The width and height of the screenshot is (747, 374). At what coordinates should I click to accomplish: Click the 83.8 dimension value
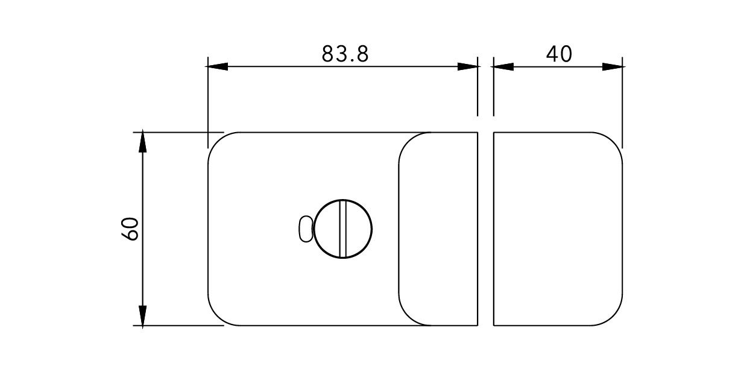[344, 54]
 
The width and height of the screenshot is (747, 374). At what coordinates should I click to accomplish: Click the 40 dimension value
[559, 54]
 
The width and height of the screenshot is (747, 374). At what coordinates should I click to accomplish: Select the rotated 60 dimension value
[131, 229]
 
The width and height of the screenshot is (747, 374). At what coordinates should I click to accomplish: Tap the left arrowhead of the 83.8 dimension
[217, 66]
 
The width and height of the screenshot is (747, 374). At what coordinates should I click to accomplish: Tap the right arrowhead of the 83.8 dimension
[468, 66]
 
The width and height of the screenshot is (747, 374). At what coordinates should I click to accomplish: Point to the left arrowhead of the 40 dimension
[503, 66]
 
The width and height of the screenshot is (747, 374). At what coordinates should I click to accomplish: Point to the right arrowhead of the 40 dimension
[613, 66]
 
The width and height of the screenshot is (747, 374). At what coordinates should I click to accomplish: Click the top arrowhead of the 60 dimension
[143, 141]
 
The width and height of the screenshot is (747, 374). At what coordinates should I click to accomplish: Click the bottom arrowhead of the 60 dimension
[143, 316]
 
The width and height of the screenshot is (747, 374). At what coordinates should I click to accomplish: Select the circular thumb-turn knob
[344, 229]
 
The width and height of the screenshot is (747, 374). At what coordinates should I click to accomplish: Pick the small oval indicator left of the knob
[306, 229]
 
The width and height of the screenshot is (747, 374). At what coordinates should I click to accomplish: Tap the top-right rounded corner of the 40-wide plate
[614, 141]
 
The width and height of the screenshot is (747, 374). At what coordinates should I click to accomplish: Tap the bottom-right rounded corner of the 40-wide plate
[614, 317]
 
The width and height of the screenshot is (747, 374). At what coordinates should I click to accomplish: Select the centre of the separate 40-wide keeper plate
[558, 229]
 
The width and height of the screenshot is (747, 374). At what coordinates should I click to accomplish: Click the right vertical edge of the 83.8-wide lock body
[478, 229]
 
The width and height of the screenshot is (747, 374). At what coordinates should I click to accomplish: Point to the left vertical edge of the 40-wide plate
[494, 229]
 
